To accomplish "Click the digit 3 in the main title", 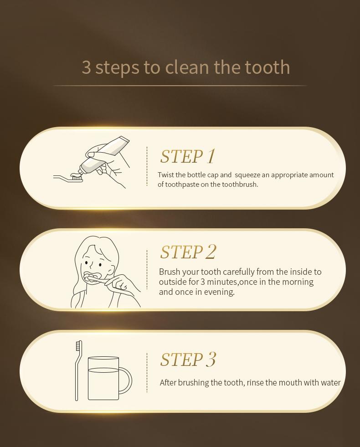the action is pos(87,67).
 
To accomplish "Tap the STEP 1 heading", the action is pos(187,156).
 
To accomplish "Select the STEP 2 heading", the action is pos(188,252).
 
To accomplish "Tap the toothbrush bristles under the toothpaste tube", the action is pos(77,178).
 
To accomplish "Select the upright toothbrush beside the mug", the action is pos(78,370).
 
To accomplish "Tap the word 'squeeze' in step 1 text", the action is pos(247,175).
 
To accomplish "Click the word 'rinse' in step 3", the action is pos(255,383).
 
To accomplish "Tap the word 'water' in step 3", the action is pos(331,383).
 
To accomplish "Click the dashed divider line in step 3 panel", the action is pos(147,373).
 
